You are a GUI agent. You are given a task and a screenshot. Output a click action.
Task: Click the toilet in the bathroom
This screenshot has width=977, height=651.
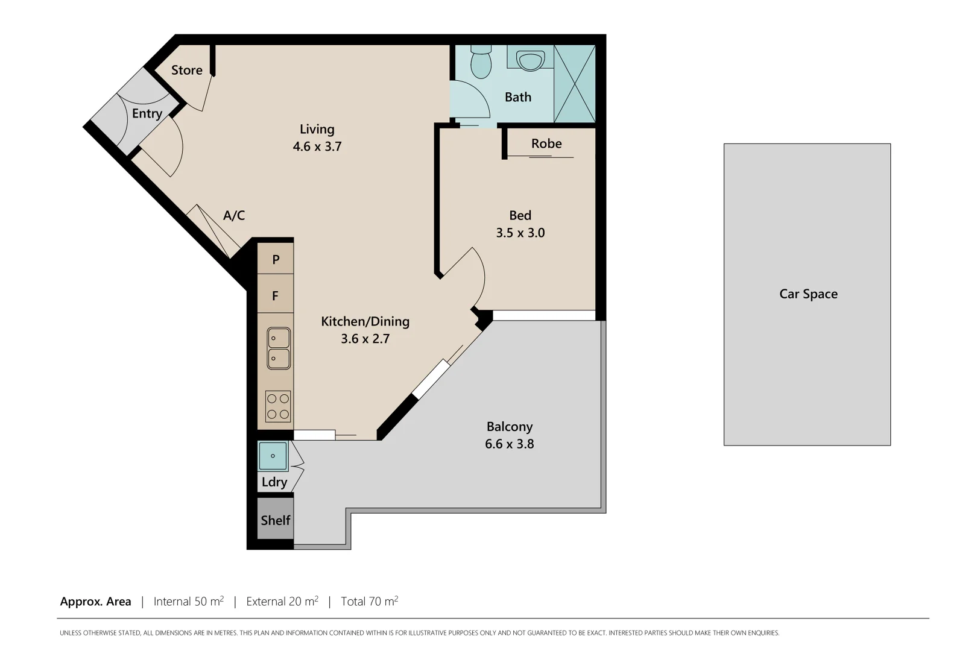pos(481,63)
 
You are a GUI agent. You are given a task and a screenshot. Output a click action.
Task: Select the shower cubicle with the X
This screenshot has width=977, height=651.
pos(574,84)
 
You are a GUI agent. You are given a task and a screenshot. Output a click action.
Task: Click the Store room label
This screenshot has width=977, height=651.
pos(186,71)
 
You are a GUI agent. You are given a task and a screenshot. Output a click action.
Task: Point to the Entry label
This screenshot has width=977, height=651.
pos(147,114)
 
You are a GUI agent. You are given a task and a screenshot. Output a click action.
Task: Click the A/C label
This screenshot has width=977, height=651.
pos(234,216)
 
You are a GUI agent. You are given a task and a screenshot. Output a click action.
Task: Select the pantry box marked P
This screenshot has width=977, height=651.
pos(276,259)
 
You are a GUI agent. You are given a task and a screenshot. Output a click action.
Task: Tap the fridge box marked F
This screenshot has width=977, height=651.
pos(276,296)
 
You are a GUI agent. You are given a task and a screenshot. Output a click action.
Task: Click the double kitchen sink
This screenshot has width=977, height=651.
pos(279,348)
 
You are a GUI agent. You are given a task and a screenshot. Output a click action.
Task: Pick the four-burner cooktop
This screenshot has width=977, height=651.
pos(278,406)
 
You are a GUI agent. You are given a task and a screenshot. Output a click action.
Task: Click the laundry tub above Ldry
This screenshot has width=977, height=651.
pos(273,456)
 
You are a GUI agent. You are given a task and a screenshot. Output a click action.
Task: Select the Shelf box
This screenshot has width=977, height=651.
pos(276,520)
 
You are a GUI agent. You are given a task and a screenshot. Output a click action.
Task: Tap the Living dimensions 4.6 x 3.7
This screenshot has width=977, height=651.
pos(317,146)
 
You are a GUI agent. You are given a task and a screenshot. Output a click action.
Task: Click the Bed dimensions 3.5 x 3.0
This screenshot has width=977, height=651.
pos(520,233)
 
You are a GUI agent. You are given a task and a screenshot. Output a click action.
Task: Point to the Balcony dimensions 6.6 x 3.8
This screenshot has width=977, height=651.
pos(510,444)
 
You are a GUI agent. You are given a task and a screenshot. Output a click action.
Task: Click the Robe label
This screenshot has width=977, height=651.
pos(546,144)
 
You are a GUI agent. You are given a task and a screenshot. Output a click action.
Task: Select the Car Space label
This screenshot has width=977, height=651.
pos(808,294)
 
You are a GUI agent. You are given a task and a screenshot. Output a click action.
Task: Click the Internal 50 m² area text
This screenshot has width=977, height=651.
pos(189,602)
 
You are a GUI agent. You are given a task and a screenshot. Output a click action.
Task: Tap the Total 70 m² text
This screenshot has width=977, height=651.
pos(369,602)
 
